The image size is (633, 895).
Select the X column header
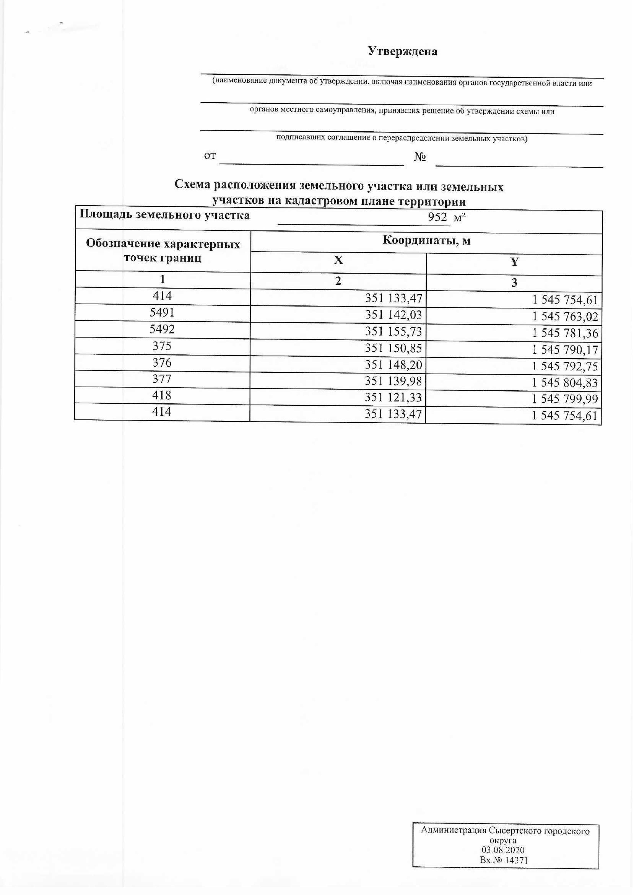click(x=338, y=260)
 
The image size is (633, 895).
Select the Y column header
click(x=514, y=262)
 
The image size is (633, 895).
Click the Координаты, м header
click(x=427, y=241)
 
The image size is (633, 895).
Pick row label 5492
click(x=162, y=329)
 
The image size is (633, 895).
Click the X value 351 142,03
click(x=393, y=315)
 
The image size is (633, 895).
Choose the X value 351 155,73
click(x=393, y=332)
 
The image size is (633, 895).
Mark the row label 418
click(x=162, y=395)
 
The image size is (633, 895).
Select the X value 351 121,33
click(x=393, y=398)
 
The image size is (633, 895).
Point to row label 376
click(x=162, y=362)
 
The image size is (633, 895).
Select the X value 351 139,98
click(x=393, y=381)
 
